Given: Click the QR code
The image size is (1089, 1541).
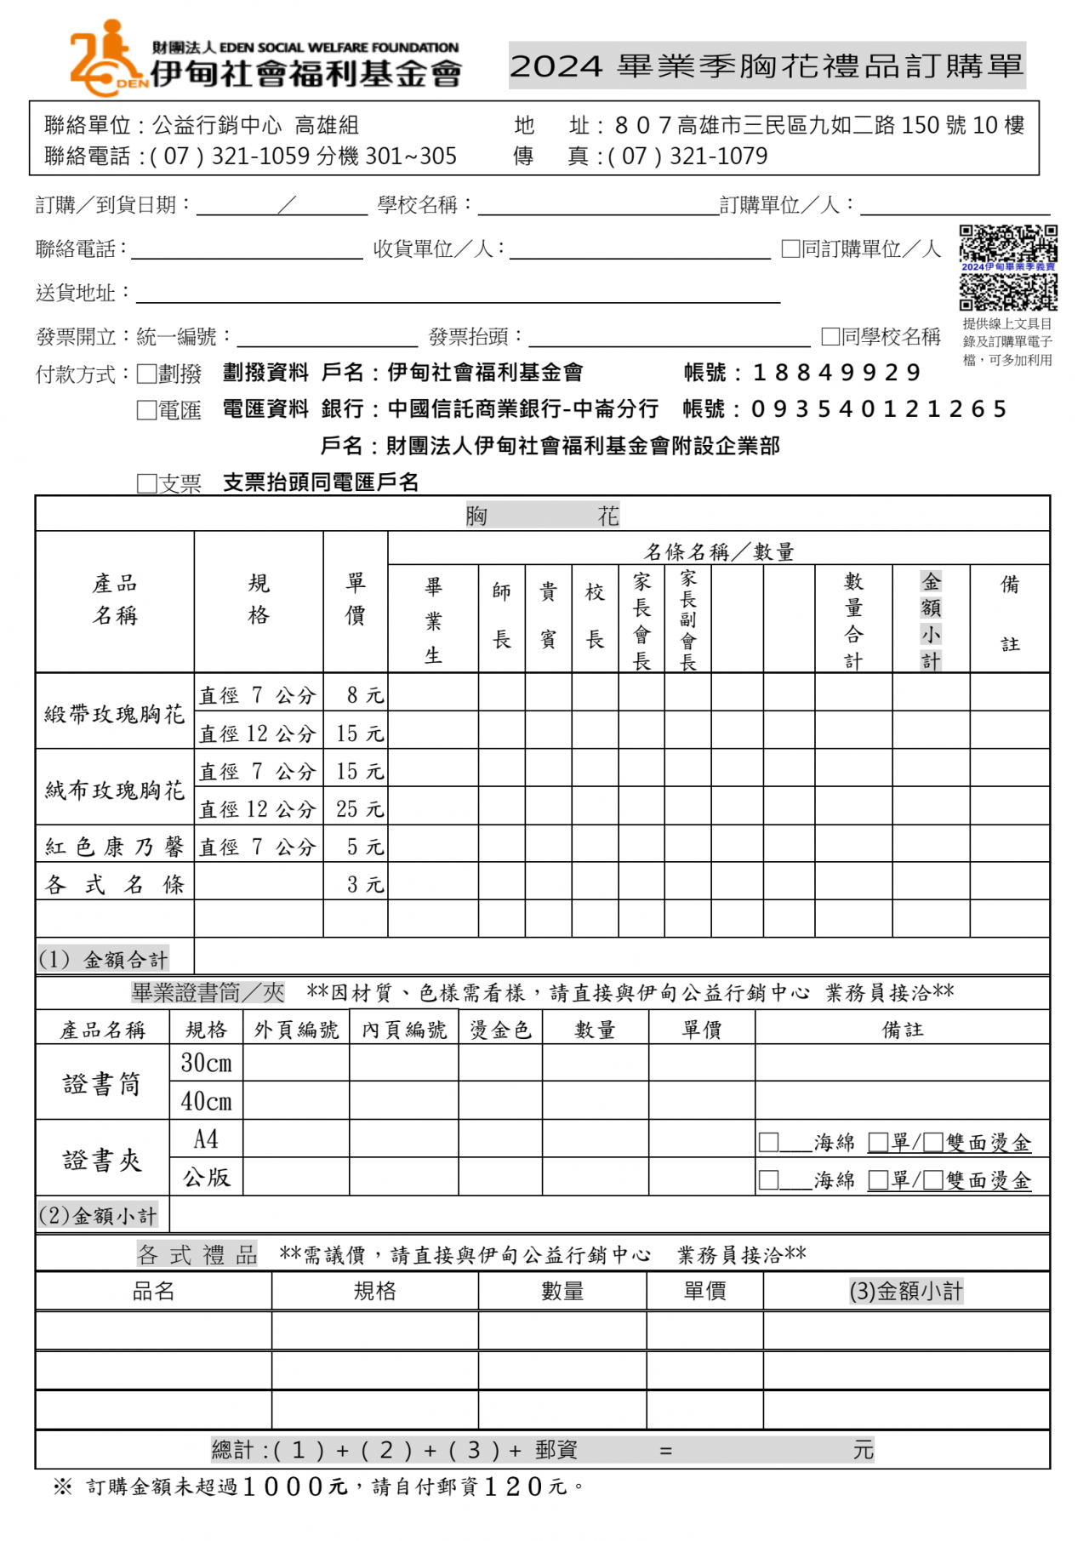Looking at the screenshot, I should coord(1008,267).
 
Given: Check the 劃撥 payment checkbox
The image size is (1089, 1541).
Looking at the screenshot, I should coord(147,374).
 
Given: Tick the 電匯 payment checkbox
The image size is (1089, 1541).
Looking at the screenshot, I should coord(147,410).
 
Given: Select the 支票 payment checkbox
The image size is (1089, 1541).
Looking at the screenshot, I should coord(147,483).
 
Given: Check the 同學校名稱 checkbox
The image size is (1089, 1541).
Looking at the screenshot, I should coord(830,337).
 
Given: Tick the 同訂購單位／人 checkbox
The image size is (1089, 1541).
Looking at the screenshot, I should coord(790,248).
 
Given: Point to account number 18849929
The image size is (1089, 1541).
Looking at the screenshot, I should coord(836,373).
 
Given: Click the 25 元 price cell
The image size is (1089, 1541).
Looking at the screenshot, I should coord(359,808).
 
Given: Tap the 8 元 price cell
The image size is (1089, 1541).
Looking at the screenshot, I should coord(364,695).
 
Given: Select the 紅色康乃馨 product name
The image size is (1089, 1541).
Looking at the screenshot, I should coord(114,847).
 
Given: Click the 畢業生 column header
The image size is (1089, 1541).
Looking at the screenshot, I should coord(433,619).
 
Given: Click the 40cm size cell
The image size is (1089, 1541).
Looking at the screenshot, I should coord(206,1102).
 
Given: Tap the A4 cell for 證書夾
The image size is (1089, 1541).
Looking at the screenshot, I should coord(206,1139).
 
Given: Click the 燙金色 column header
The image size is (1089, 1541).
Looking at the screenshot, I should coord(500,1030).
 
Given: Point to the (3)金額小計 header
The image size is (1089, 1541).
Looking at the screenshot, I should coord(906,1291).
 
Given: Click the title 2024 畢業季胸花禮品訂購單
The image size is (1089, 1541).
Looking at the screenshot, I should coord(767,66).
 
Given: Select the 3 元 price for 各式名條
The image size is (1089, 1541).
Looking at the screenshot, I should coord(364,885).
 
